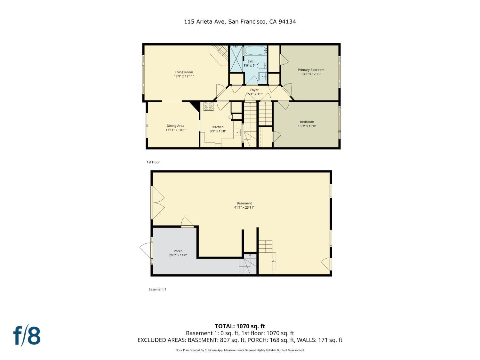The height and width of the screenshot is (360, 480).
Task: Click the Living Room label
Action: tap(184, 72)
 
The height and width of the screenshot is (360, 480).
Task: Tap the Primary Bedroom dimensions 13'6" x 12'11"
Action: tap(311, 74)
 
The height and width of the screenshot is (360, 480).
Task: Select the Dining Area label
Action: tap(175, 126)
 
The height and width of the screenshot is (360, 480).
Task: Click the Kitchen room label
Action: tap(218, 127)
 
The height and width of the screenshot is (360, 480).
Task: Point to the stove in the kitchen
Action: tap(208, 106)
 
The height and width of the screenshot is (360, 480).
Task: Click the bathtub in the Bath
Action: tap(255, 50)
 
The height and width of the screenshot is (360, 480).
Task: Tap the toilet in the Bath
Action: tap(261, 65)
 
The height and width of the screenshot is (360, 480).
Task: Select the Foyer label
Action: tap(254, 90)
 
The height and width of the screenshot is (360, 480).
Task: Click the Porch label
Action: tap(178, 251)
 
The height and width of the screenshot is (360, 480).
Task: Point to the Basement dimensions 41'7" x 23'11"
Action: tap(244, 207)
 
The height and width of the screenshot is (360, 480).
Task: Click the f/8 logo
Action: tap(27, 336)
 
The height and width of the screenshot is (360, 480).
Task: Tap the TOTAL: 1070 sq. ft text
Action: tap(240, 326)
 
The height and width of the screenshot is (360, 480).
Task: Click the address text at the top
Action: tap(240, 22)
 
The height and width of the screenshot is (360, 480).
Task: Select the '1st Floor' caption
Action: tap(153, 162)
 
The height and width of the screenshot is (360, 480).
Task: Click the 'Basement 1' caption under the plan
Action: tap(157, 289)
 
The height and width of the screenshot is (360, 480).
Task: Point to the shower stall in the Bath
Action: tap(236, 58)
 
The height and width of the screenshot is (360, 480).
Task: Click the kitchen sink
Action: tap(237, 132)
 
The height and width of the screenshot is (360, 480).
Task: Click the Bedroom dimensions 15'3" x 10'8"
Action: tap(307, 126)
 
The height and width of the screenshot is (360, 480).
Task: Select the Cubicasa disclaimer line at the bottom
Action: tap(240, 350)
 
